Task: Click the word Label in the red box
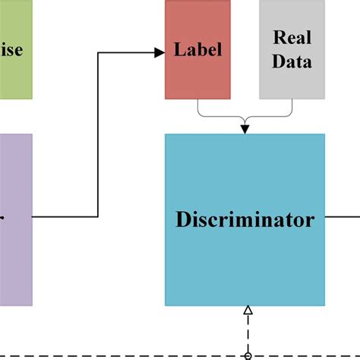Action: point(197,51)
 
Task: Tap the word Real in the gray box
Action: point(292,37)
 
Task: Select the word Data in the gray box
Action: point(292,62)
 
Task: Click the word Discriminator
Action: point(245,220)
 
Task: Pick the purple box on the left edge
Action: point(15,220)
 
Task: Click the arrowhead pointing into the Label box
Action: point(159,52)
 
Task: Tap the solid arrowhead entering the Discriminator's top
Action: point(245,130)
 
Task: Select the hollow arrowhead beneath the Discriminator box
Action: point(247,311)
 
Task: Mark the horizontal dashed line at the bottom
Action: point(114,355)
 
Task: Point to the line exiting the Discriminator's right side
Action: point(342,216)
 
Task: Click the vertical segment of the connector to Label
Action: point(98,137)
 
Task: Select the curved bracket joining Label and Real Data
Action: point(245,117)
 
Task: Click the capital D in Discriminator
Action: point(183,220)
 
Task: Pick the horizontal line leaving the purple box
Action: point(65,216)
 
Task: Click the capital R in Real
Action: point(279,37)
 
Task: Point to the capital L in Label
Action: point(179,51)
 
